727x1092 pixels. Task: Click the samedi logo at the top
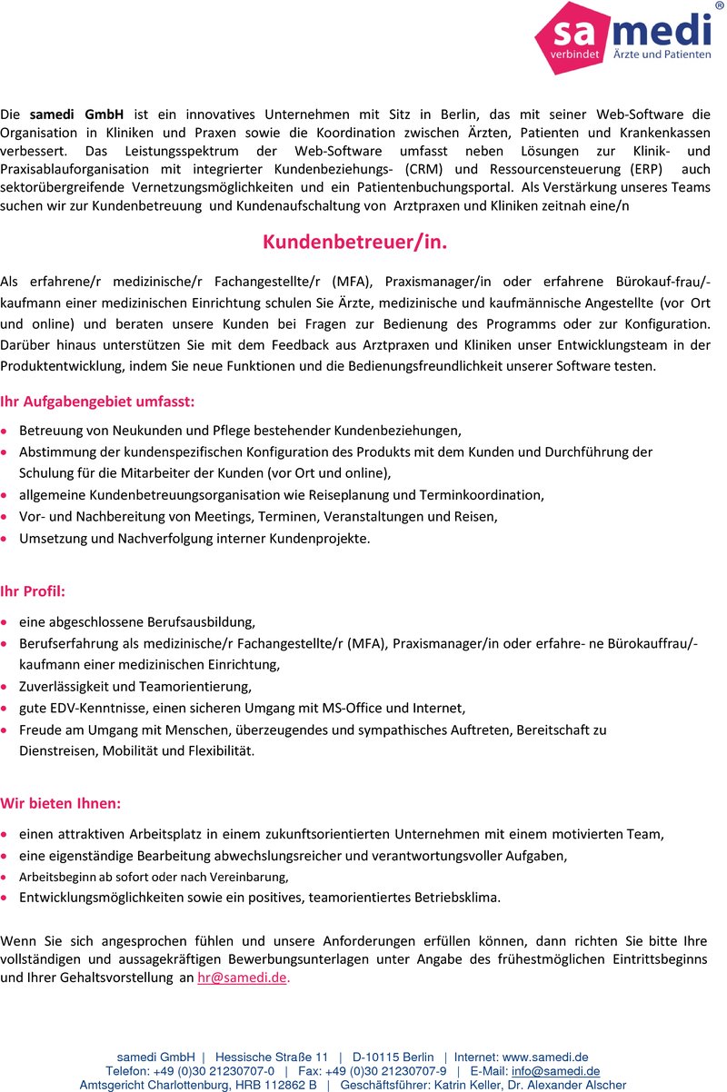(x=622, y=39)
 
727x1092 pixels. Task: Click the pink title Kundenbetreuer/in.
(x=355, y=243)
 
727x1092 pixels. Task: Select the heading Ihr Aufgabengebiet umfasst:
(x=97, y=401)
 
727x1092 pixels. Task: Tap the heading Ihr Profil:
(x=33, y=591)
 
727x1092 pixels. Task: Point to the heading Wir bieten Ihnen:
(x=61, y=803)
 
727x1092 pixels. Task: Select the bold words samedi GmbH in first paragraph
(x=76, y=114)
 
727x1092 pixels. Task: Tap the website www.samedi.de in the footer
(x=545, y=1057)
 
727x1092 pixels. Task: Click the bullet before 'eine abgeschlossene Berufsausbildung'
(x=6, y=624)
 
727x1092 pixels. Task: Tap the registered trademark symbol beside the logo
(x=720, y=6)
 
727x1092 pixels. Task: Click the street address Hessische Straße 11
(x=272, y=1057)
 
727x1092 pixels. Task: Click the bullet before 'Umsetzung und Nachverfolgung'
(x=6, y=540)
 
